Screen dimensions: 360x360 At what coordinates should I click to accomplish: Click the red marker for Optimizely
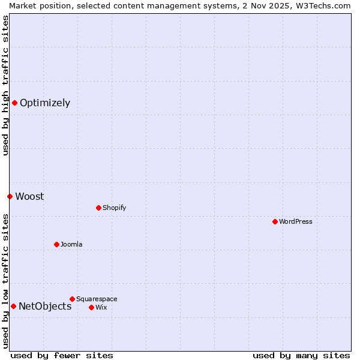click(14, 103)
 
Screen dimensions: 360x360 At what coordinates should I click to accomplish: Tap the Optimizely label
click(45, 103)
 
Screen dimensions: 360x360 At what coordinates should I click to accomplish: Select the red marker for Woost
click(10, 196)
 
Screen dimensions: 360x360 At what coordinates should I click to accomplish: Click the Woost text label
click(29, 196)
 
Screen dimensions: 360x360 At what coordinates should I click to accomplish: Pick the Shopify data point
click(98, 208)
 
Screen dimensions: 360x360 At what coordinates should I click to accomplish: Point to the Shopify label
click(114, 208)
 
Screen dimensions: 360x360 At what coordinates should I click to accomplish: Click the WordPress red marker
click(275, 221)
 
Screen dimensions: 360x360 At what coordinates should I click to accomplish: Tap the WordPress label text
click(295, 221)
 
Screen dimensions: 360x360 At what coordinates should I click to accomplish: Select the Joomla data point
click(56, 244)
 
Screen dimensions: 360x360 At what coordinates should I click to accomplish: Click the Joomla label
click(71, 244)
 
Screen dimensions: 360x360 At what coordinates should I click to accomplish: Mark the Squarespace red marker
click(72, 299)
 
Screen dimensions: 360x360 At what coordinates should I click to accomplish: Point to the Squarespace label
click(97, 299)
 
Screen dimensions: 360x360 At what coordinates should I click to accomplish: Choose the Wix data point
click(91, 307)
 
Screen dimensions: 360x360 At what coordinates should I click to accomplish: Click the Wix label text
click(101, 307)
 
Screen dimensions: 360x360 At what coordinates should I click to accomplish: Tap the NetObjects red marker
click(13, 306)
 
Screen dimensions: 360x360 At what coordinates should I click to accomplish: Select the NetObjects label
click(45, 306)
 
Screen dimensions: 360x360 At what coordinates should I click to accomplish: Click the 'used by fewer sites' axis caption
click(62, 355)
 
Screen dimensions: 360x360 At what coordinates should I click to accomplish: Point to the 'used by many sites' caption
click(301, 355)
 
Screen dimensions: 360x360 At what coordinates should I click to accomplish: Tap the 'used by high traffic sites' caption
click(5, 85)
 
